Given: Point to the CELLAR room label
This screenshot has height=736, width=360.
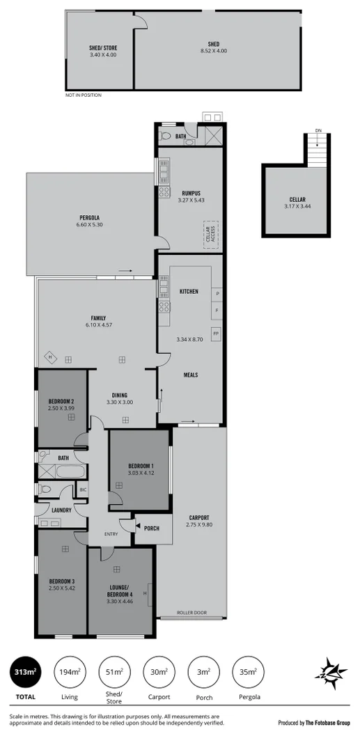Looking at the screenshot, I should click(x=297, y=199).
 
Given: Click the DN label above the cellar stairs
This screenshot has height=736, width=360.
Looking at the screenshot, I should click(x=318, y=130).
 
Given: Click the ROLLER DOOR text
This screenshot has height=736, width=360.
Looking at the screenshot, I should click(x=191, y=613).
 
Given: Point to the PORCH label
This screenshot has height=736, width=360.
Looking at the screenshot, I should click(x=151, y=528).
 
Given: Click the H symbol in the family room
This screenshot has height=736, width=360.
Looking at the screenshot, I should click(x=50, y=358).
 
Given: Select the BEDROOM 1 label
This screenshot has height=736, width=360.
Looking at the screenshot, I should click(x=141, y=466).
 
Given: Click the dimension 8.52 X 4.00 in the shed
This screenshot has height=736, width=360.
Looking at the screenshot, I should click(x=213, y=51).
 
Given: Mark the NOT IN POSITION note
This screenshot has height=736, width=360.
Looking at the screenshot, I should click(x=83, y=95).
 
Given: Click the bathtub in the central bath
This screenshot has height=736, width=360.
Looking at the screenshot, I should click(x=70, y=471).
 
